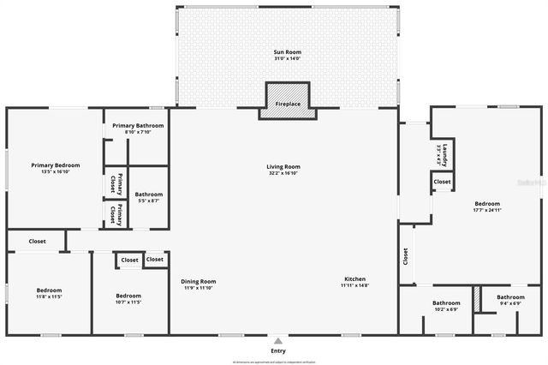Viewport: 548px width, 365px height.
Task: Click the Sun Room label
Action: point(288,52)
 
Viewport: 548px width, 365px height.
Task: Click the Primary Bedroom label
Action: point(56,165)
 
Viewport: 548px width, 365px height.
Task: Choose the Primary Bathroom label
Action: point(138,125)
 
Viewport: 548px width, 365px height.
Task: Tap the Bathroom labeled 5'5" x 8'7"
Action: point(148,194)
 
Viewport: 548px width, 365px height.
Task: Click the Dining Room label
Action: point(198,281)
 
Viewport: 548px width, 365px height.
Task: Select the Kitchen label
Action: point(355,279)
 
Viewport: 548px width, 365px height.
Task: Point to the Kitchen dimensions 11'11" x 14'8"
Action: point(355,286)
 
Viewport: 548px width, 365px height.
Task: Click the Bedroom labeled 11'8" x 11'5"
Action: point(49,290)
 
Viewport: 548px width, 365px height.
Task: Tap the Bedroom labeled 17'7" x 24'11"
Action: point(486,203)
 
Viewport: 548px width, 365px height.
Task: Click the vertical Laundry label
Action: point(445,155)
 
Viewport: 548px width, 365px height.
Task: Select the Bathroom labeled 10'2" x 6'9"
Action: point(445,302)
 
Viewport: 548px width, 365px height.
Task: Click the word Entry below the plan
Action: point(278,350)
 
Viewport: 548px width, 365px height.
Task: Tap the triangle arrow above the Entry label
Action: point(278,339)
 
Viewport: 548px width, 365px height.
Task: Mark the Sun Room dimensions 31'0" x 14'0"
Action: point(288,59)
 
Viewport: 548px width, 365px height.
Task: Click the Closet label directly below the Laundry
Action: point(442,182)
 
